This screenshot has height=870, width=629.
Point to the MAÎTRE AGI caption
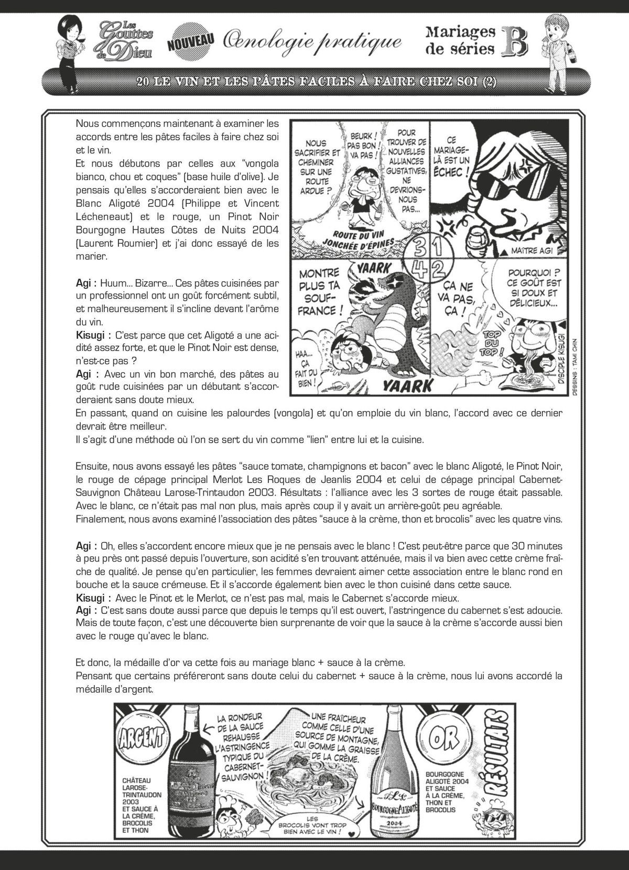pyautogui.click(x=527, y=251)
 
